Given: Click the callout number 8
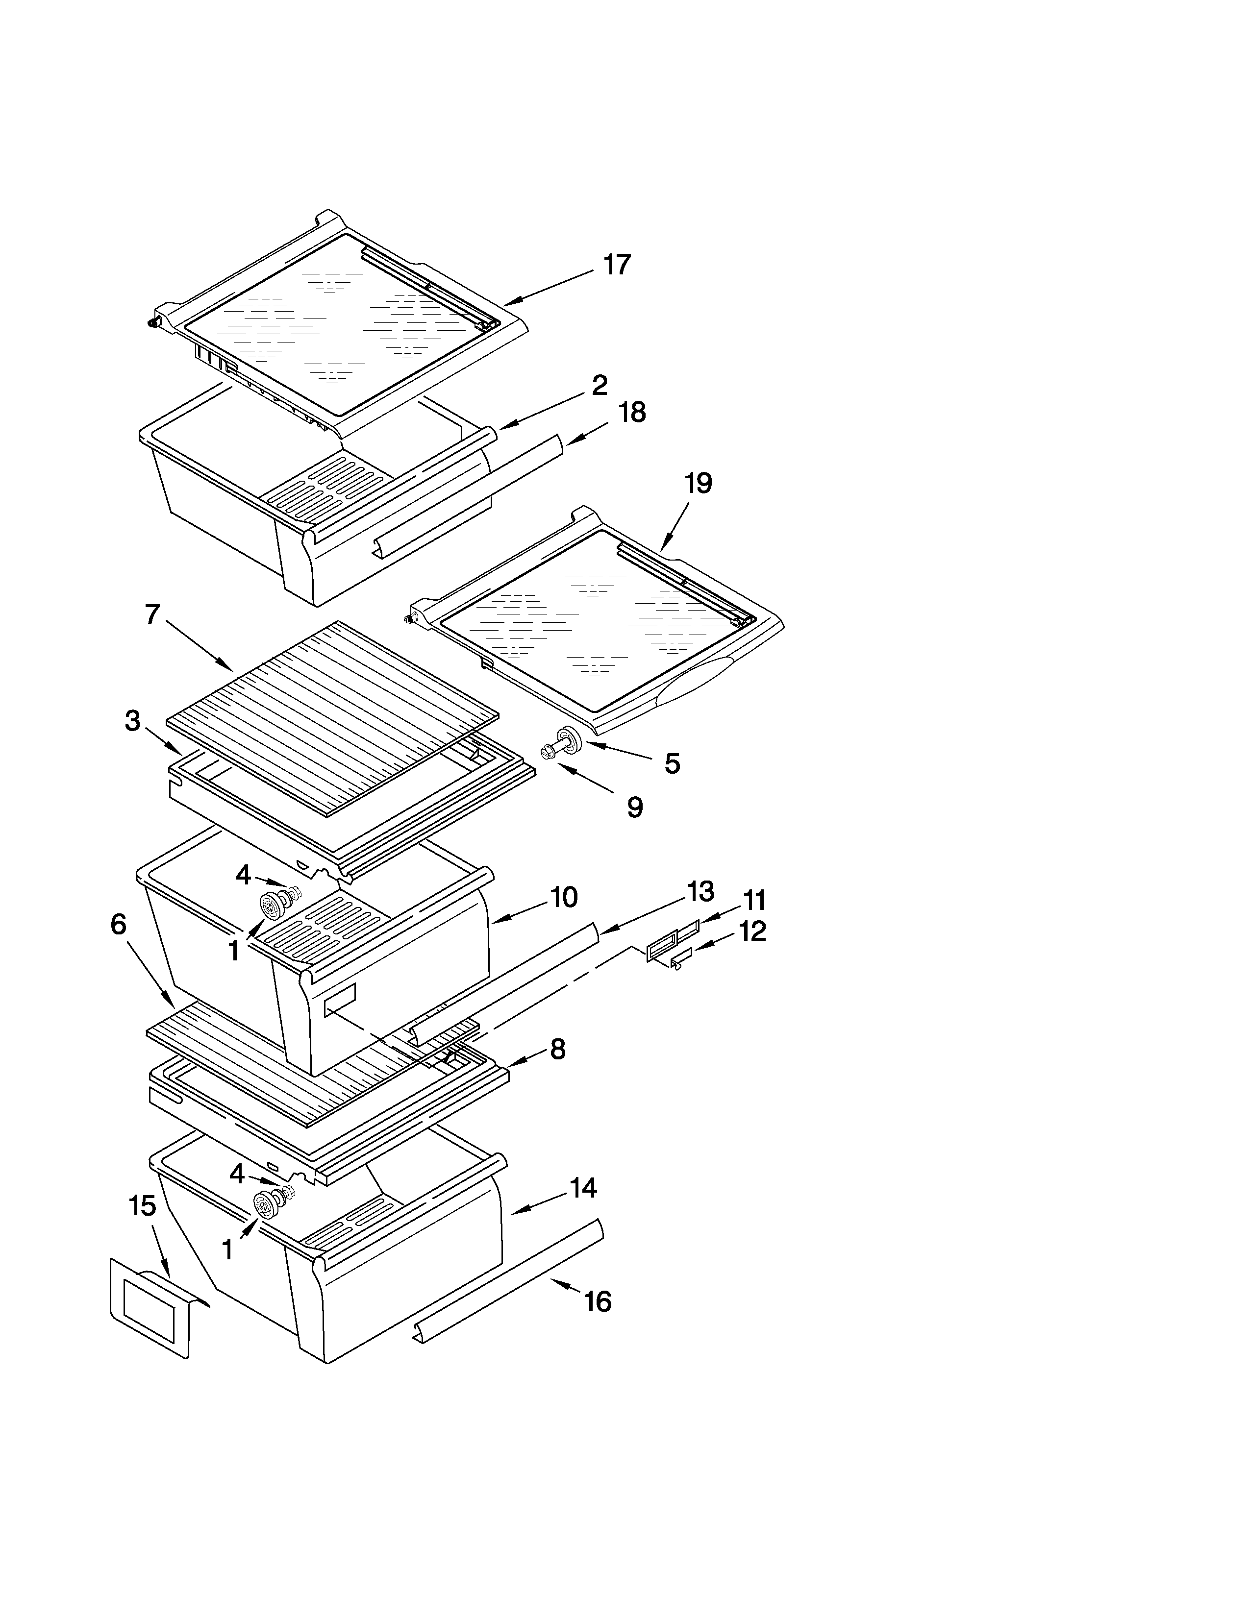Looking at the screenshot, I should [x=558, y=1049].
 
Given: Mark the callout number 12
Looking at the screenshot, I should [x=751, y=931].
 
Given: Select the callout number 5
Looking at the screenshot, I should [x=672, y=763].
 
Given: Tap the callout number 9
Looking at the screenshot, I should [x=635, y=808].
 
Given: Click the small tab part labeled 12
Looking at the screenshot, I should [x=680, y=961].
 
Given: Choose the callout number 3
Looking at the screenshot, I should [x=132, y=720].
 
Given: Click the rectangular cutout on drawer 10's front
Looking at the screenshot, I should [x=340, y=996].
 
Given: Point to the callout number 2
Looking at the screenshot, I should [x=599, y=386].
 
